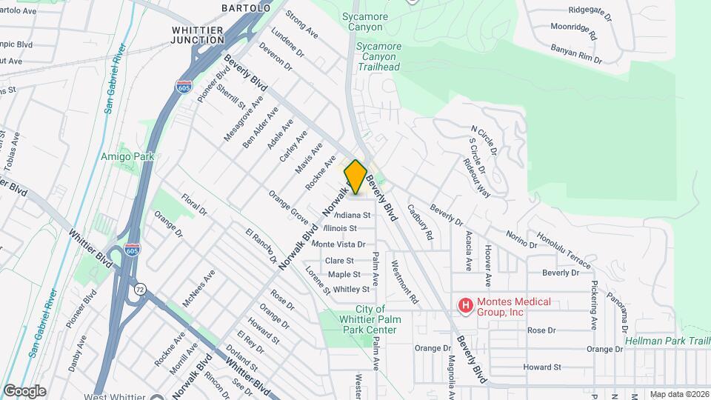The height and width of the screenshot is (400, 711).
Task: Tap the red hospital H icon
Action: [465, 305]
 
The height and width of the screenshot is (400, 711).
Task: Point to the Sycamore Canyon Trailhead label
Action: [379, 56]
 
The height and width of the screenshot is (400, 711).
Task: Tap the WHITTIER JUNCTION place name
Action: [187, 34]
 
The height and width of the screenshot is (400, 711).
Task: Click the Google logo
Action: [24, 390]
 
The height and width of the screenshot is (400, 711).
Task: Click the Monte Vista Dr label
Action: [338, 244]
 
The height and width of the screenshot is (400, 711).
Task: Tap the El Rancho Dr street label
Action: [261, 246]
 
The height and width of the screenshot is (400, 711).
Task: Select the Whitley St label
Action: [351, 289]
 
